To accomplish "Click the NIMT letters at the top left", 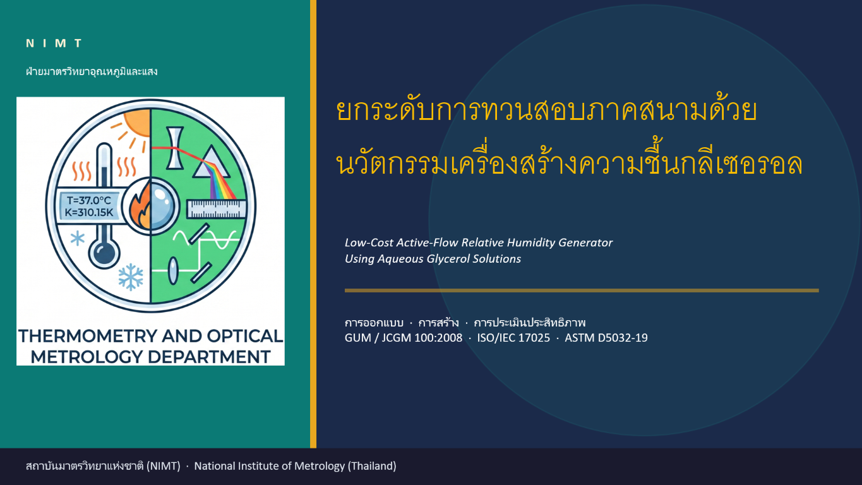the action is (54, 43).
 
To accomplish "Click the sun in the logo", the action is (137, 123).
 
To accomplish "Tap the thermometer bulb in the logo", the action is (104, 253).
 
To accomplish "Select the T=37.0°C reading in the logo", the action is (89, 201).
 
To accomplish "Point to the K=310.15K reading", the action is (89, 212).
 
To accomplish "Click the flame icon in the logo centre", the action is (140, 208).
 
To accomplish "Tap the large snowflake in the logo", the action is (131, 277).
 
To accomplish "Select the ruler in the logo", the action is (217, 209).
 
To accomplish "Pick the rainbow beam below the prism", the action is (222, 181).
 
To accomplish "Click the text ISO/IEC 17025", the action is (513, 338).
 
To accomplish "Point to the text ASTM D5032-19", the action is (606, 338).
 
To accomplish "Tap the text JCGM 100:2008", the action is (422, 338).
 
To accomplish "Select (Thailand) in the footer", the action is (372, 466).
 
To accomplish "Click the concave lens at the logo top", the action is (175, 148).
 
